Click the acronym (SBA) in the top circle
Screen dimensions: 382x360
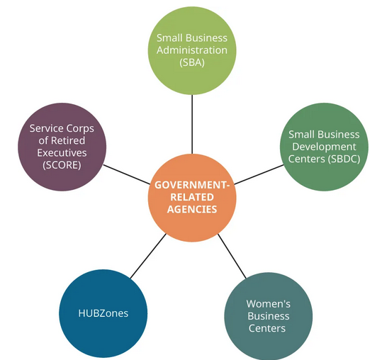coord(192,62)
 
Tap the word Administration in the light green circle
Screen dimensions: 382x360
coord(192,50)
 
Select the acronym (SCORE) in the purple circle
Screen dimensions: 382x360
coord(62,165)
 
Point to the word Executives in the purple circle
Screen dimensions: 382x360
coord(62,153)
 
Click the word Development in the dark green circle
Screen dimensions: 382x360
coord(324,147)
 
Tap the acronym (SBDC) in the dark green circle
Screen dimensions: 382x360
coord(344,159)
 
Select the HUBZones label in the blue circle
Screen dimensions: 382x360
coord(103,313)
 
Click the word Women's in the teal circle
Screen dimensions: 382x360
coord(268,304)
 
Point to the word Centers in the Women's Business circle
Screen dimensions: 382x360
coord(267,328)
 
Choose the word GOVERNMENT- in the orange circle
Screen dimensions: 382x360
coord(192,185)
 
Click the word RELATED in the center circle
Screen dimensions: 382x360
coord(192,197)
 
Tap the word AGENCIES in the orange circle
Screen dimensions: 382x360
coord(192,210)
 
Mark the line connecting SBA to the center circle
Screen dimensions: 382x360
coord(192,124)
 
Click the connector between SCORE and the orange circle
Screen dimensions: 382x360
coord(127,174)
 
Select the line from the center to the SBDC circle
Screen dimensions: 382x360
coord(259,174)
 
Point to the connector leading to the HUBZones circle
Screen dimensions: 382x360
coord(148,256)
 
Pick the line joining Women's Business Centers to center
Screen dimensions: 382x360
coord(232,256)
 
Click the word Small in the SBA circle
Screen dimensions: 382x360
coord(169,38)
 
